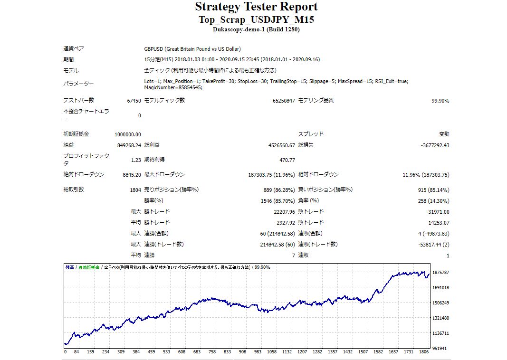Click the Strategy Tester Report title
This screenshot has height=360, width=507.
coord(256,7)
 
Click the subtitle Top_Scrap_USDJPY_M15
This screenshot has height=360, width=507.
coord(256,19)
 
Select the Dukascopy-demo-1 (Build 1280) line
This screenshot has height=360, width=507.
coord(256,29)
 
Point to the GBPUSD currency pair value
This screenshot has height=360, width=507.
coord(192,49)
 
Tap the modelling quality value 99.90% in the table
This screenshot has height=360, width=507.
coord(440,101)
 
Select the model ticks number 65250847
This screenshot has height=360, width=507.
coord(284,101)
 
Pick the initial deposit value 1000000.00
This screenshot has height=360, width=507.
coord(128,134)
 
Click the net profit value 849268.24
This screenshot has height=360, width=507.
coord(129,145)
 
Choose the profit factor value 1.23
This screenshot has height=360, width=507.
coord(136,160)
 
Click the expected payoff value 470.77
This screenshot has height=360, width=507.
coord(287,160)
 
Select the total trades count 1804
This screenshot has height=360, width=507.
coord(135,190)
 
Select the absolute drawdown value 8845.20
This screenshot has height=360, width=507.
coord(132,175)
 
